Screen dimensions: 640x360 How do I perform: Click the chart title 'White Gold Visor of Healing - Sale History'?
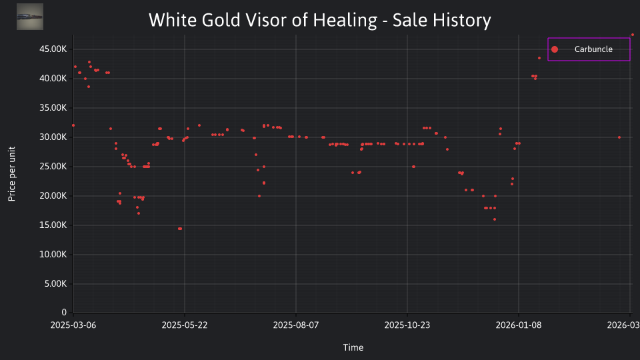coord(319,20)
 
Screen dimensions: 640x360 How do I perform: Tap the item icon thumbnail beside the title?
coord(30,17)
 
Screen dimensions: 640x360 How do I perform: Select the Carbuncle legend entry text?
coord(593,49)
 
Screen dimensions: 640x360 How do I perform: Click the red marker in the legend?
coord(554,49)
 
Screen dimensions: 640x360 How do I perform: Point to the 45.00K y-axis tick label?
coord(53,49)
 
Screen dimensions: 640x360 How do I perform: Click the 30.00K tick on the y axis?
coord(53,137)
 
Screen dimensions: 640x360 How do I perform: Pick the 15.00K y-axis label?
coord(53,225)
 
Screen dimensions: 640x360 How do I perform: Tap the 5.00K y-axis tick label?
coord(55,284)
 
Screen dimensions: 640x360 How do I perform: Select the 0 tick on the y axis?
coord(64,313)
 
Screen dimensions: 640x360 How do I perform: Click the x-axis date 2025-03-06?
coord(73,325)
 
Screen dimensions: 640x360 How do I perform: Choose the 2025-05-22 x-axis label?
coord(185,325)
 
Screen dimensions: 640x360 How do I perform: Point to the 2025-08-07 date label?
coord(296,325)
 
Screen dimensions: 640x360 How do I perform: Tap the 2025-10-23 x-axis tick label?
coord(407,325)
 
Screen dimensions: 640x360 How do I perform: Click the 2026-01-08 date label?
coord(519,325)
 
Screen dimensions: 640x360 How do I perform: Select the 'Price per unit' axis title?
coord(12,174)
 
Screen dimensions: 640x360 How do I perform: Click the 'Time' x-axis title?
coord(353,348)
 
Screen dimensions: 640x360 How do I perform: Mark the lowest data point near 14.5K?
coord(180,229)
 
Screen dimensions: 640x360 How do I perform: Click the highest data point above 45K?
coord(633,35)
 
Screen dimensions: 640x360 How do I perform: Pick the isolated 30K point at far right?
coord(619,137)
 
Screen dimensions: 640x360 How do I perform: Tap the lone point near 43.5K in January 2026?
coord(539,58)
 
